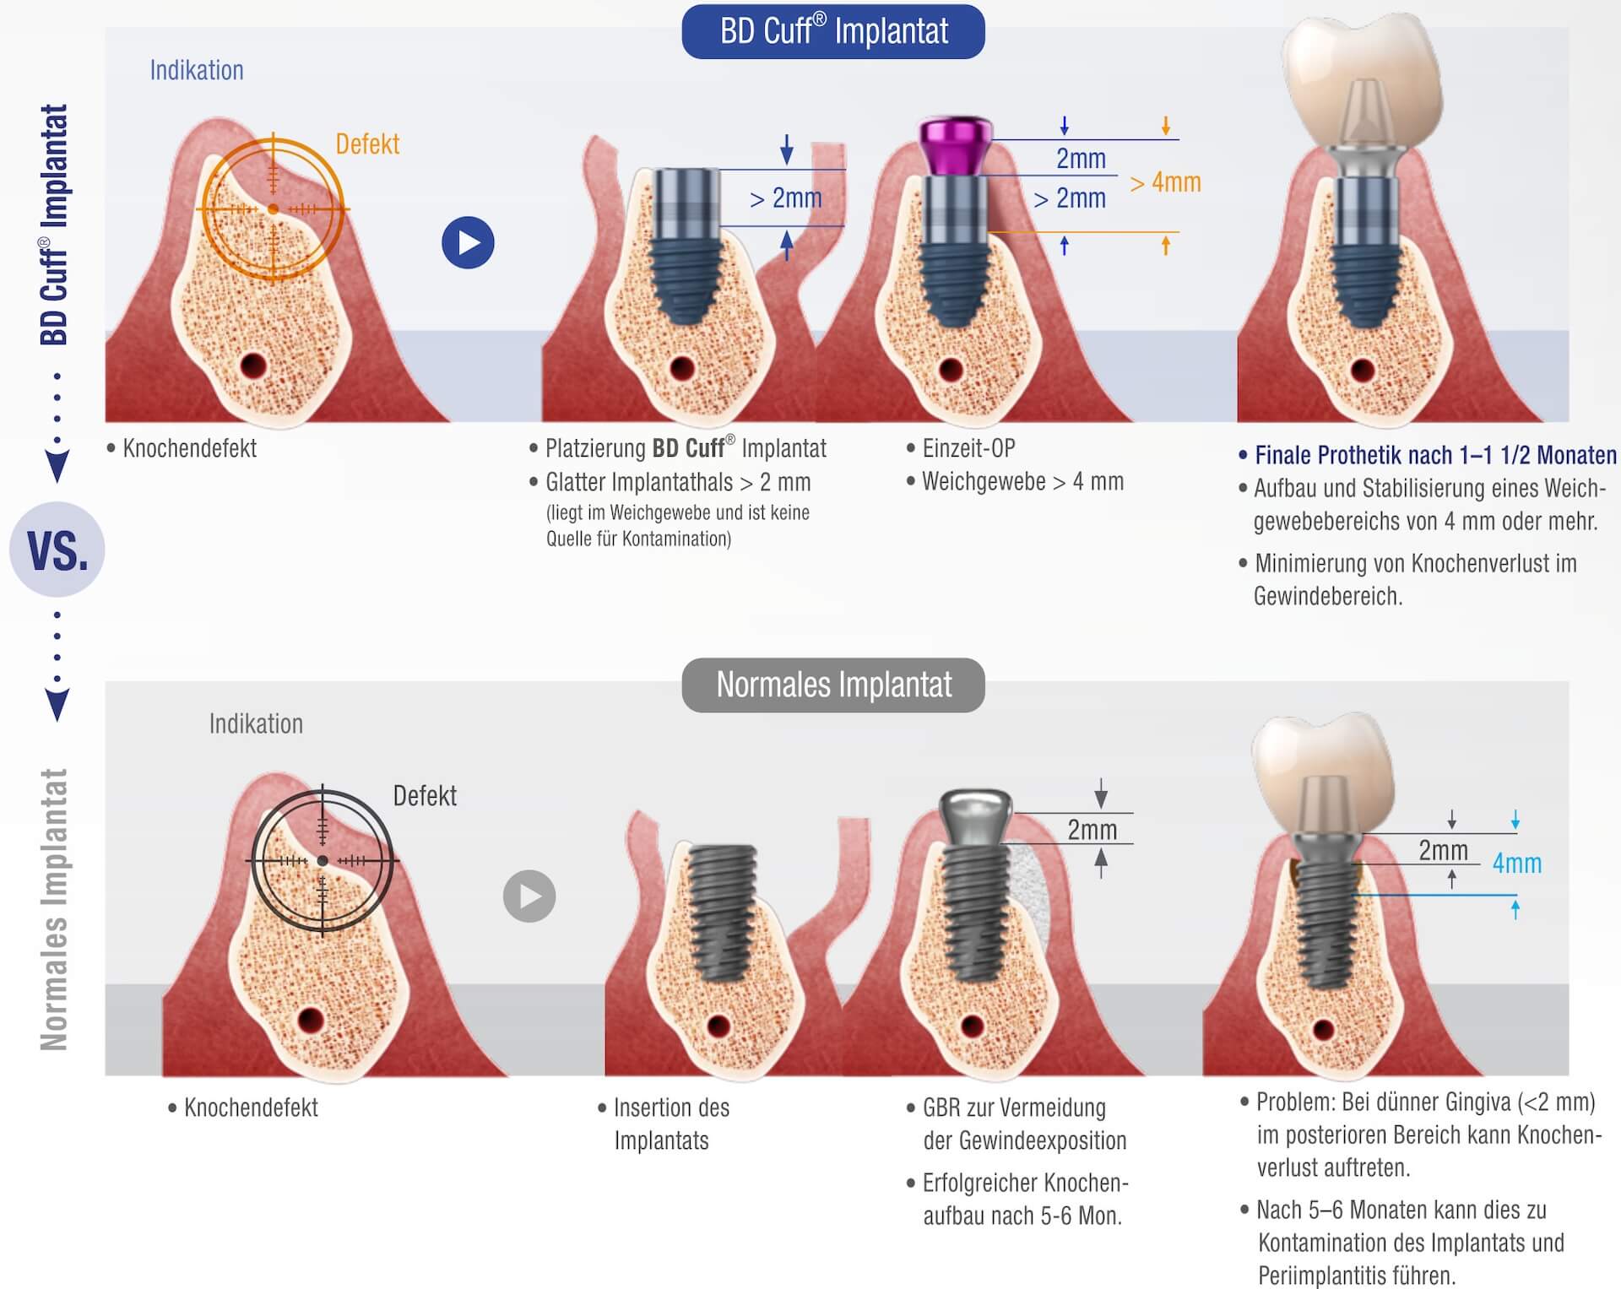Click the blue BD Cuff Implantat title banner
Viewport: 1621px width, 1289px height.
click(832, 32)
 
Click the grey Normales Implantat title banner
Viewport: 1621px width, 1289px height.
click(832, 685)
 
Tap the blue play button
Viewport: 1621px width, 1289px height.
click(468, 243)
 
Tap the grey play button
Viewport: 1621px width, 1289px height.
click(529, 896)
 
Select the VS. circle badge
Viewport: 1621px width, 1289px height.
click(57, 550)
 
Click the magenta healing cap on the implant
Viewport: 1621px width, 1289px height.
click(955, 146)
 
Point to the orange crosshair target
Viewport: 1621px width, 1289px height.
click(273, 209)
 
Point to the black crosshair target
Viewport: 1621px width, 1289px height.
click(323, 861)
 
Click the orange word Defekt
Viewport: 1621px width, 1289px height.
click(367, 144)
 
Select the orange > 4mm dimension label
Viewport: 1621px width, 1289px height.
click(1165, 182)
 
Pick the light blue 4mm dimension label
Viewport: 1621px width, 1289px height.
click(1516, 863)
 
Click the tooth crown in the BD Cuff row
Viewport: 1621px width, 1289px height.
click(1361, 76)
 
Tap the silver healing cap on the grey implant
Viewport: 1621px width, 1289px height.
click(976, 815)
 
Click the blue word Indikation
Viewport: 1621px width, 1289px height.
click(197, 70)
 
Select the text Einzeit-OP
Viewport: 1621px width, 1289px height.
click(968, 448)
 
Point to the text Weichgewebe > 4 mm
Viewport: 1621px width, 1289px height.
click(1022, 482)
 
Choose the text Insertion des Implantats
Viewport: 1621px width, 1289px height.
click(671, 1124)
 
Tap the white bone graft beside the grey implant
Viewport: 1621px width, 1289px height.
click(1027, 882)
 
